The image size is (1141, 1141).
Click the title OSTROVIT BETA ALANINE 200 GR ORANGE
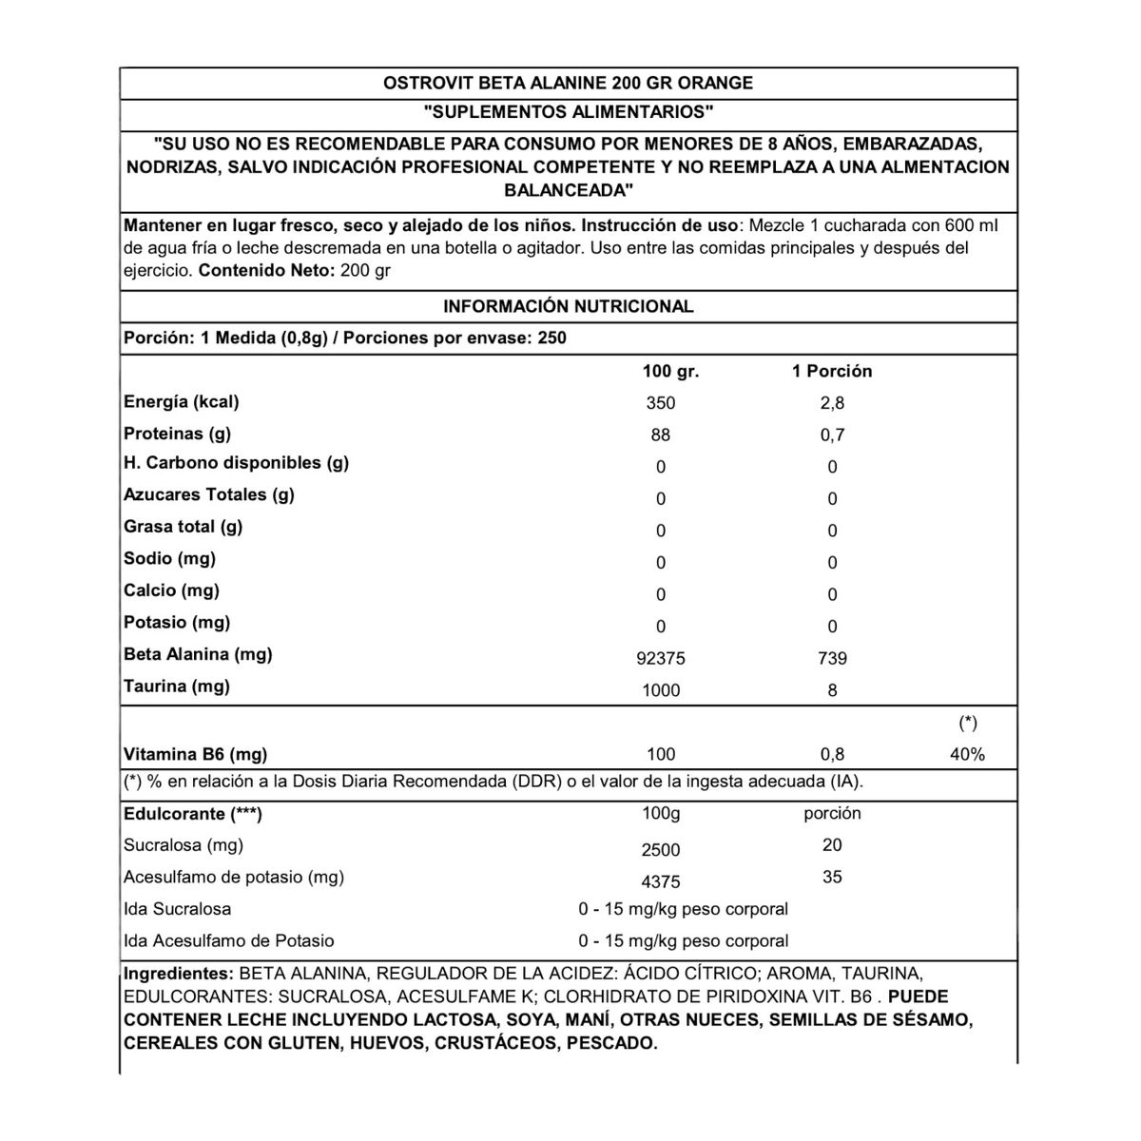(568, 83)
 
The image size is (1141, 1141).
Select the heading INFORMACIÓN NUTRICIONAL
(569, 306)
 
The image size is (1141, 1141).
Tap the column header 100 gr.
(670, 372)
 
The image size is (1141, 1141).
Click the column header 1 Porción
(832, 372)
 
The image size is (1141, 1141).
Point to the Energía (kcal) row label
(182, 402)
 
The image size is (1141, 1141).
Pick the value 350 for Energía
(660, 403)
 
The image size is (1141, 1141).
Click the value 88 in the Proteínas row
(660, 435)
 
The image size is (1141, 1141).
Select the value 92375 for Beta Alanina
(660, 658)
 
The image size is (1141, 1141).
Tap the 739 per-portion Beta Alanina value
(832, 658)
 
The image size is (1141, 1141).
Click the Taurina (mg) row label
(177, 687)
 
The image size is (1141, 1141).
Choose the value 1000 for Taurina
(660, 690)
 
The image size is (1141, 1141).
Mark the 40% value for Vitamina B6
(967, 755)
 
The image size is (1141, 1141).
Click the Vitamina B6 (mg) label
(196, 755)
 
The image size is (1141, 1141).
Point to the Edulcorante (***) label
(193, 814)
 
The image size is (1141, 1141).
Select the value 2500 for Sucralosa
(660, 850)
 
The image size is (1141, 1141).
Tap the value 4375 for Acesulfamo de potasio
(660, 882)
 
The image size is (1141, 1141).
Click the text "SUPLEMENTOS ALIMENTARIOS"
(569, 112)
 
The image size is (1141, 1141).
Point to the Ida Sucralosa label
(178, 909)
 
